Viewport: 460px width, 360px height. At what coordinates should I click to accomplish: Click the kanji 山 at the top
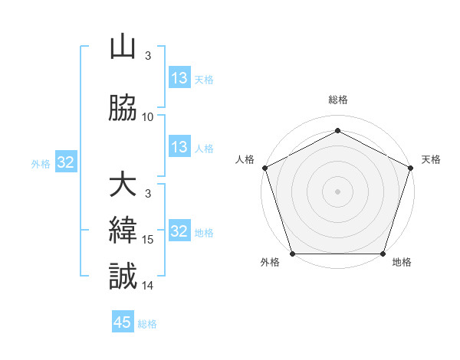123,47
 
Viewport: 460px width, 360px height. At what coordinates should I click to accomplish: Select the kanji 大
123,185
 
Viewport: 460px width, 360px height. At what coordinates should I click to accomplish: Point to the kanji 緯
123,231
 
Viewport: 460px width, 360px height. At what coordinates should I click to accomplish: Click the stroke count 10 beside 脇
148,116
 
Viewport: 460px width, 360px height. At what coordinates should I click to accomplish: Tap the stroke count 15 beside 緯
148,240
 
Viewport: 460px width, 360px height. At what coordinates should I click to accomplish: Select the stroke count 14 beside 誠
148,285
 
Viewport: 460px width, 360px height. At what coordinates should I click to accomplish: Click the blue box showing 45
123,322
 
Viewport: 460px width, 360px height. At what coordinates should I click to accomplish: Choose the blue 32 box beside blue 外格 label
65,162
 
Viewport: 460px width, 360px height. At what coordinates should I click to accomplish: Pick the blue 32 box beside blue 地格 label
179,232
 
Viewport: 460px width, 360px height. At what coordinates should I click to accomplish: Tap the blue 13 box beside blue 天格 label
179,78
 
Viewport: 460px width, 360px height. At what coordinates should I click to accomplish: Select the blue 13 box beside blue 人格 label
179,147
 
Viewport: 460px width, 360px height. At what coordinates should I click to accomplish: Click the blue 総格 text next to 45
147,323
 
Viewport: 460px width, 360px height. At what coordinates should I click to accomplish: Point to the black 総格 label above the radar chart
337,100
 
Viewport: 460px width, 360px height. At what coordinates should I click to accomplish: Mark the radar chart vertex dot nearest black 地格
383,254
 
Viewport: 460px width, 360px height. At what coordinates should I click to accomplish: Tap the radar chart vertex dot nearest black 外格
292,254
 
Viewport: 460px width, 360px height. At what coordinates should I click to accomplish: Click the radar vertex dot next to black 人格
264,167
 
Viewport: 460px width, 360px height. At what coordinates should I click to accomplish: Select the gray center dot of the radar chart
337,191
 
